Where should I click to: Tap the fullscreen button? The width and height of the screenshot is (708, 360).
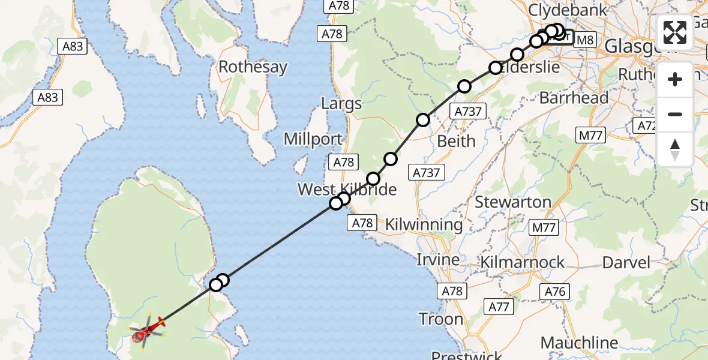point(675,32)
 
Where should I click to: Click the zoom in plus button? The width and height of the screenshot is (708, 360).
point(675,79)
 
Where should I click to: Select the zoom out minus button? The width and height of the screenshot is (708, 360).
point(675,114)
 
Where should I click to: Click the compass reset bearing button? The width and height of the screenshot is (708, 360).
point(675,149)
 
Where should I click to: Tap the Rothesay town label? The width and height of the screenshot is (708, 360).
point(253,67)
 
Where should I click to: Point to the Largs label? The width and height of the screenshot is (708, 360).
point(341,103)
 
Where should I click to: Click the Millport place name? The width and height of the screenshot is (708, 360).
point(313,140)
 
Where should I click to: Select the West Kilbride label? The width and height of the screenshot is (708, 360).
point(347,190)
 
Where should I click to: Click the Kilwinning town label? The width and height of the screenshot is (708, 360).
point(424,224)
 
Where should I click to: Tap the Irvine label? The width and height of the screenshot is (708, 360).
point(438,260)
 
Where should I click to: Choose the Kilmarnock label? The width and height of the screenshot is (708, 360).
point(523,262)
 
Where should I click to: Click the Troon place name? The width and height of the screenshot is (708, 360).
point(441,319)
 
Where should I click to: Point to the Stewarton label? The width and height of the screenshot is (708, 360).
point(513,202)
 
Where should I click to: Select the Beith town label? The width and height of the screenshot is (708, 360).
point(456,141)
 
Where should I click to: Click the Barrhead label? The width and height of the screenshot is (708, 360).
point(574,98)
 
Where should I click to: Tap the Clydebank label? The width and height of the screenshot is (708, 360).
point(567,10)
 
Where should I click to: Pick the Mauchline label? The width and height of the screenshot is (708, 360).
point(579,343)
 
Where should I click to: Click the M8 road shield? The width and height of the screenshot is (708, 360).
point(585,40)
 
